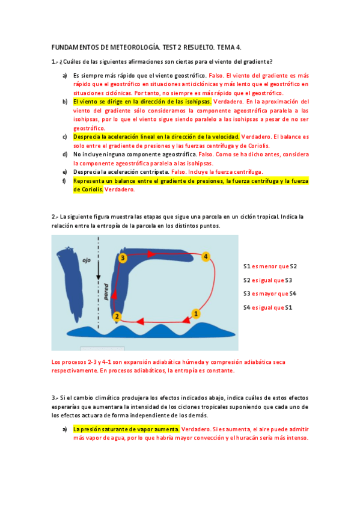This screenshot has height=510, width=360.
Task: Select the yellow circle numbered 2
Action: pyautogui.click(x=117, y=316)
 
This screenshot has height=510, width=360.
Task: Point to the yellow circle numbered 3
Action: pyautogui.click(x=122, y=257)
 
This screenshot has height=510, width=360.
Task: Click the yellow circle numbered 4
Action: pyautogui.click(x=206, y=257)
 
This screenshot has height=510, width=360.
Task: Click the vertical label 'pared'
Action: pyautogui.click(x=106, y=292)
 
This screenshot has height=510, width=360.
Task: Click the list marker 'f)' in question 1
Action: pyautogui.click(x=64, y=180)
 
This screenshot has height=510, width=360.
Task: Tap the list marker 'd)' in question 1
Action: pyautogui.click(x=64, y=154)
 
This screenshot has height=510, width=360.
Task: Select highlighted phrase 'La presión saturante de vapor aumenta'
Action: pyautogui.click(x=126, y=429)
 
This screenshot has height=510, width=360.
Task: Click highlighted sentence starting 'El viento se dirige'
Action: pyautogui.click(x=142, y=102)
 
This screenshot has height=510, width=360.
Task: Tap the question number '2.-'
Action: pyautogui.click(x=55, y=217)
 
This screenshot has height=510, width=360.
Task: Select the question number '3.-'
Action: pyautogui.click(x=55, y=398)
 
